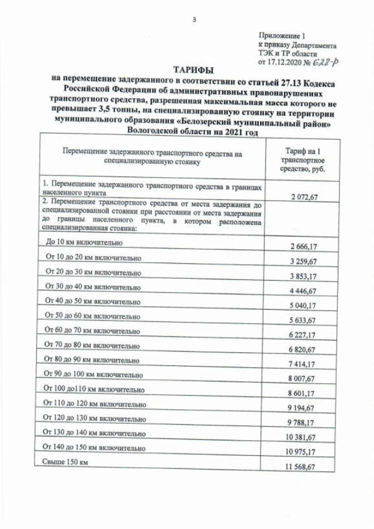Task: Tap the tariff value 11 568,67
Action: [302, 467]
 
